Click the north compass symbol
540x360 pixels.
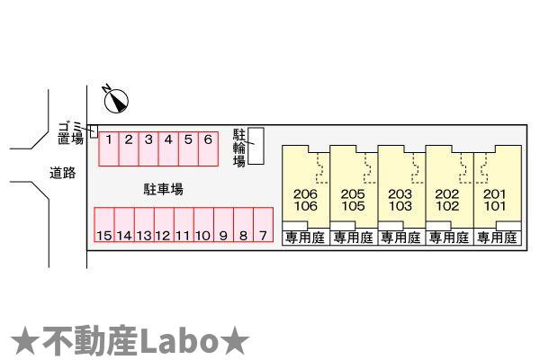[116, 101]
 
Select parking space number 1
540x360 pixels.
[109, 148]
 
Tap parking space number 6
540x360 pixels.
[208, 148]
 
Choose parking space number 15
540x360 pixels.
[104, 225]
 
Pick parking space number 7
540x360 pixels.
[263, 225]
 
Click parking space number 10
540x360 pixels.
[203, 225]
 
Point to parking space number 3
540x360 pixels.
[148, 148]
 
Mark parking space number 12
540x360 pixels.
[164, 225]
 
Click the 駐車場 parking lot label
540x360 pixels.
[163, 189]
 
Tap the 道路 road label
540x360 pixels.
[62, 173]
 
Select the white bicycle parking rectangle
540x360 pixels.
[256, 146]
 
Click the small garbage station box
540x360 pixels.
[94, 131]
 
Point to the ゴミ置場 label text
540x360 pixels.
[70, 132]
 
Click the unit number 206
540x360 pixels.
[305, 194]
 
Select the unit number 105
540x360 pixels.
[353, 206]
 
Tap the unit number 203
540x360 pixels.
[400, 194]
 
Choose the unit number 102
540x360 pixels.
[447, 206]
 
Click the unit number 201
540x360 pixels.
[494, 194]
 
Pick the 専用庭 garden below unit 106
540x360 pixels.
[305, 238]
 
